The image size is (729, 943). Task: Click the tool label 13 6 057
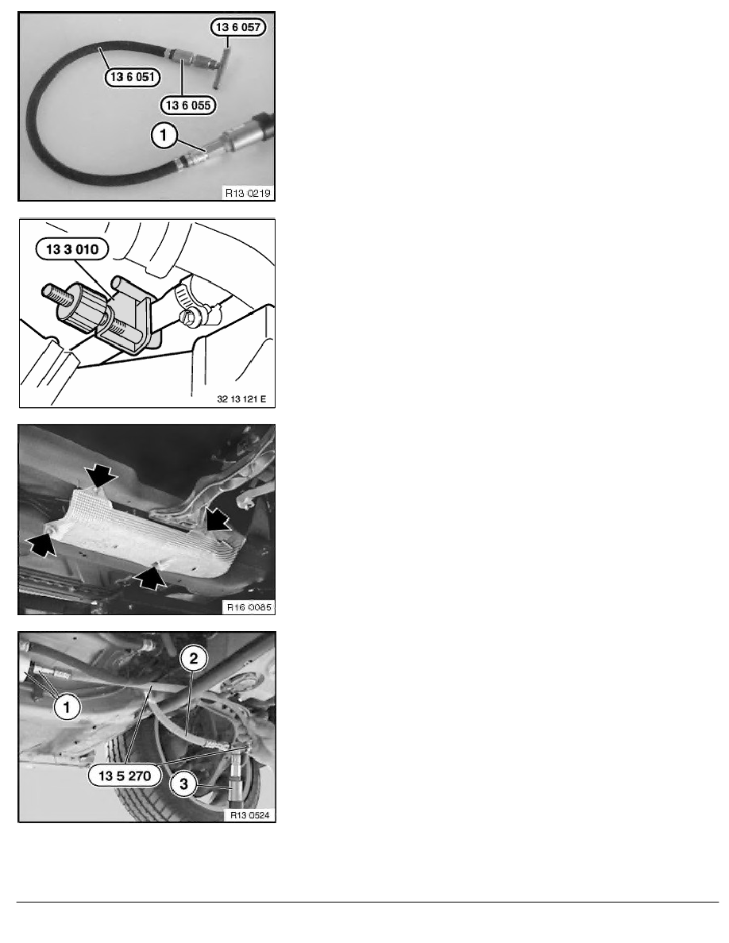coord(237,27)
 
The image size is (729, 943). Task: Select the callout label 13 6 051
coord(133,77)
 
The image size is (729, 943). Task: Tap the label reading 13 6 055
coord(187,106)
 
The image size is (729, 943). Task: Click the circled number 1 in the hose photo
coord(164,135)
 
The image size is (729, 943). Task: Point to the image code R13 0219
coord(248,193)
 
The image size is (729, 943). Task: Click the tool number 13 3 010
coord(72,249)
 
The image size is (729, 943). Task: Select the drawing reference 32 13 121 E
coord(241,399)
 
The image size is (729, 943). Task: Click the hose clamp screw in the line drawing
coord(190,317)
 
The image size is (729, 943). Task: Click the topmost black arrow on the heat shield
coord(100,475)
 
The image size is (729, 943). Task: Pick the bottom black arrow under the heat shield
coord(149,578)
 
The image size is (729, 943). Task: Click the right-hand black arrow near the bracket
coord(217,518)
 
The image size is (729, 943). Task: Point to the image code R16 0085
coord(249,607)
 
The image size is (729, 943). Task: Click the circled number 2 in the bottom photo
coord(194,659)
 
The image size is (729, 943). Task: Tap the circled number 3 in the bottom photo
coord(184,784)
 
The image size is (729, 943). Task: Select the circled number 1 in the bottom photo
coord(67,707)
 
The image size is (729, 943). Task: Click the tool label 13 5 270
coord(125,776)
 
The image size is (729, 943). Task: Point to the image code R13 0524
coord(249,815)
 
